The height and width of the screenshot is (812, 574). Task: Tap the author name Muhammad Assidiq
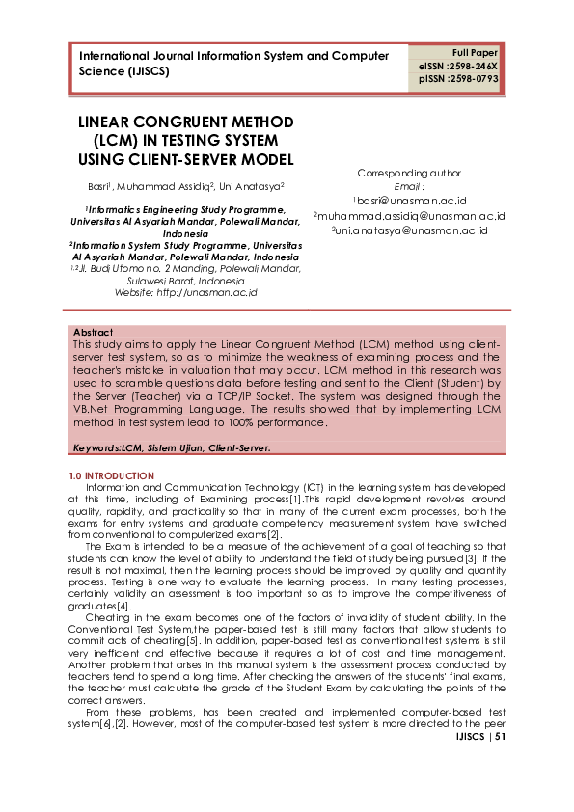click(173, 186)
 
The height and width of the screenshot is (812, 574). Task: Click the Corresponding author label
click(409, 174)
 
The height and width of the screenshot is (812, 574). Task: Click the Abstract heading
click(93, 332)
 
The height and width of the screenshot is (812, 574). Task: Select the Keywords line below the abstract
click(172, 448)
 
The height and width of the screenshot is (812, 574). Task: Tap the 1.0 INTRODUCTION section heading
click(112, 476)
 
